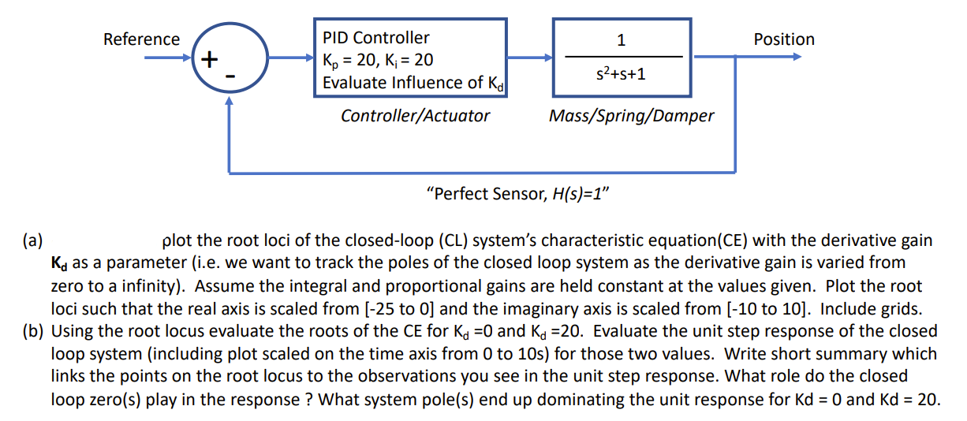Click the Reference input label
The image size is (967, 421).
141,39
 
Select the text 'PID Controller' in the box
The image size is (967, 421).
376,37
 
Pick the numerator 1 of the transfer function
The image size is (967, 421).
622,39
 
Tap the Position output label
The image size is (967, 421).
783,39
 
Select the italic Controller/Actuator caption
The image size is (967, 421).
415,116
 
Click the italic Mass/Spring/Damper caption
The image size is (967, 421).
631,116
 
